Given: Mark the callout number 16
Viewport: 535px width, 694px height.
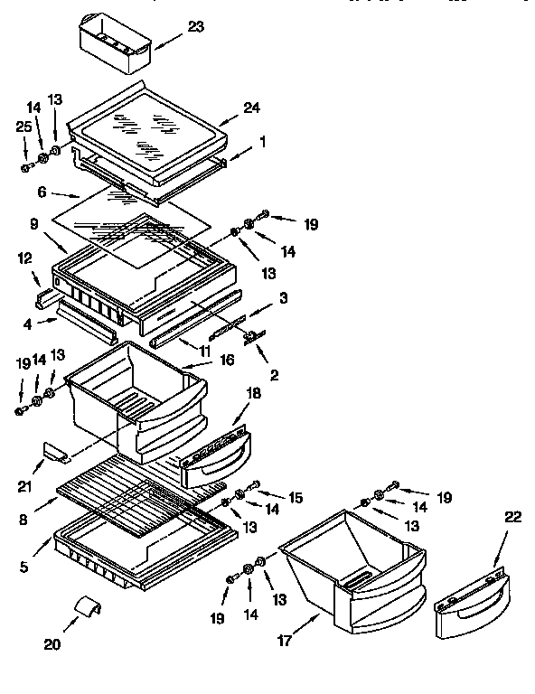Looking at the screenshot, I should (x=228, y=360).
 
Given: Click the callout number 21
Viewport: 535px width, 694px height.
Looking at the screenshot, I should (x=25, y=487).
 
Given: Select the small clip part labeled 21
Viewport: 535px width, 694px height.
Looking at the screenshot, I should (x=55, y=451).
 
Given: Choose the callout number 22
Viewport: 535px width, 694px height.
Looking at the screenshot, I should (x=512, y=517).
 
